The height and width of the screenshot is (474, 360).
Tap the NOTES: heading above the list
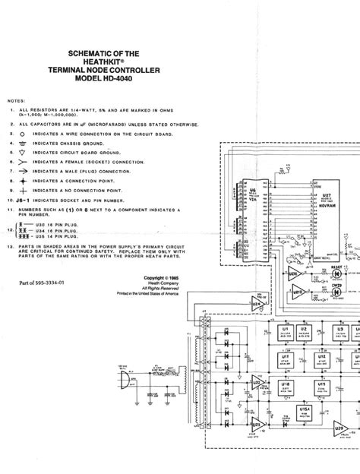(16, 100)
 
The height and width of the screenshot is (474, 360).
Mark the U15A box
(308, 411)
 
